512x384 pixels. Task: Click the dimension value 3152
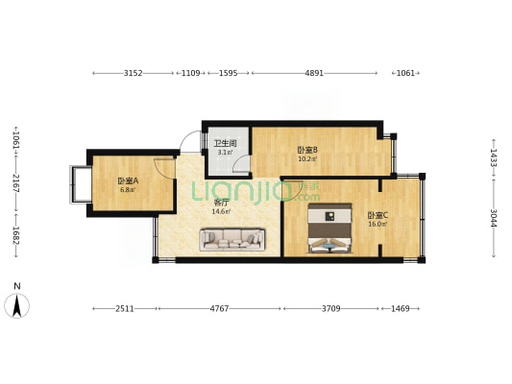(x=134, y=73)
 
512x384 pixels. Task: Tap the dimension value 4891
(x=314, y=73)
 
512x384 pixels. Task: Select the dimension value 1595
(x=229, y=73)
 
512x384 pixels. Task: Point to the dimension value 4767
(x=219, y=308)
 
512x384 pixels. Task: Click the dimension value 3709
(x=331, y=308)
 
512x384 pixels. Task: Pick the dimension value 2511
(x=125, y=308)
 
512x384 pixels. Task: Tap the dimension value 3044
(x=494, y=218)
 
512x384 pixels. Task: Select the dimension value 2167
(x=16, y=183)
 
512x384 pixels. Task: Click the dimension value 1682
(x=16, y=235)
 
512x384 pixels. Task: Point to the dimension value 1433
(x=494, y=157)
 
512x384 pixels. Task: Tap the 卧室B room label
(x=307, y=150)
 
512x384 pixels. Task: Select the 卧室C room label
(x=378, y=215)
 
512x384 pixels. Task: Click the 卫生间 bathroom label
(x=225, y=143)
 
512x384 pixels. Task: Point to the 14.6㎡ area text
(x=221, y=212)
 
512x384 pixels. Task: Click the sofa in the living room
(x=232, y=239)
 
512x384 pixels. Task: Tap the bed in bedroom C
(x=329, y=228)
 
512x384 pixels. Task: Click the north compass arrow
(x=16, y=305)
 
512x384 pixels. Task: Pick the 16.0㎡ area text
(x=378, y=224)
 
